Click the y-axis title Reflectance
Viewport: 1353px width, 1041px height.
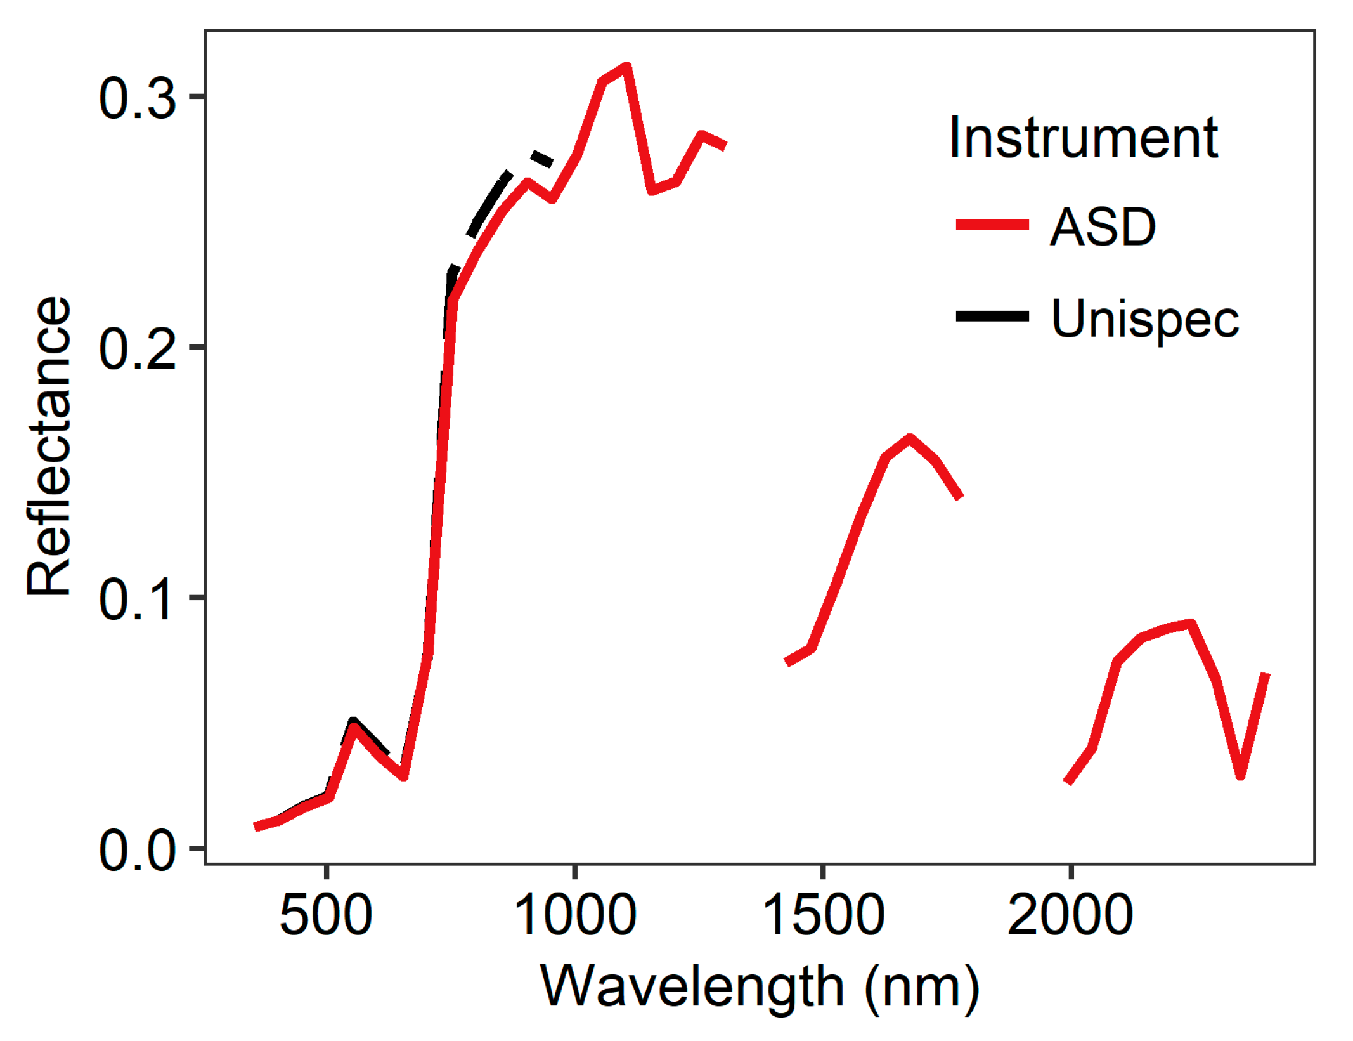coord(49,446)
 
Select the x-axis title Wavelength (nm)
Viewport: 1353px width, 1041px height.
coord(760,986)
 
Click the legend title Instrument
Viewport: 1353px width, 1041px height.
coord(1082,138)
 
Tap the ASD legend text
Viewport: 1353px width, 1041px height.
coord(1103,226)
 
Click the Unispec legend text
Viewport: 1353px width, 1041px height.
coord(1144,318)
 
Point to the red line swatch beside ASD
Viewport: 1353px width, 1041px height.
coord(992,225)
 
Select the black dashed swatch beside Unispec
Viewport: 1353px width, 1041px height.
coord(992,316)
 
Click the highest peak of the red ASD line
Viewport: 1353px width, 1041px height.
coord(626,67)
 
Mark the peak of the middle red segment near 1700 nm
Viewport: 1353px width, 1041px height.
coord(910,438)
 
